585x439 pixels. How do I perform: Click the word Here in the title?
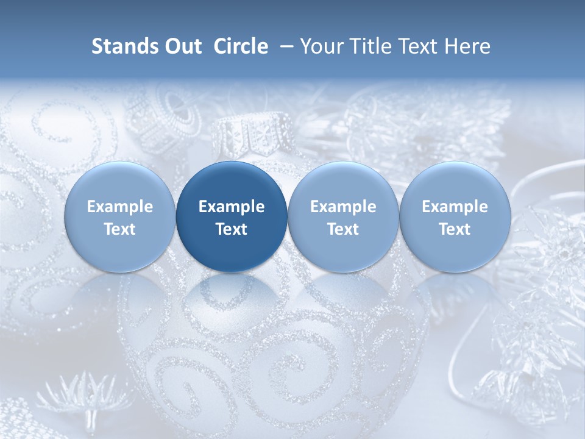click(x=467, y=46)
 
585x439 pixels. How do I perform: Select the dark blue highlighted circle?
click(x=232, y=216)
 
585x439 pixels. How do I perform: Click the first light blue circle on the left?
click(x=120, y=216)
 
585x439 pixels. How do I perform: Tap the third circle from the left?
click(x=343, y=216)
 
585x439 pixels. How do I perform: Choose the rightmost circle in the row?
click(x=455, y=216)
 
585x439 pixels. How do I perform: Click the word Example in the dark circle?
click(x=232, y=207)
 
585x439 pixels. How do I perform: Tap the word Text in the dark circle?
click(x=232, y=229)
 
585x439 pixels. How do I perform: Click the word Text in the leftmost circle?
click(x=120, y=229)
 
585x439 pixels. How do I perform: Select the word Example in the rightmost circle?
click(x=455, y=207)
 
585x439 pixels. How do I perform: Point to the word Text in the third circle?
click(x=343, y=229)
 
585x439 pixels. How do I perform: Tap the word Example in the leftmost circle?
click(x=120, y=207)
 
